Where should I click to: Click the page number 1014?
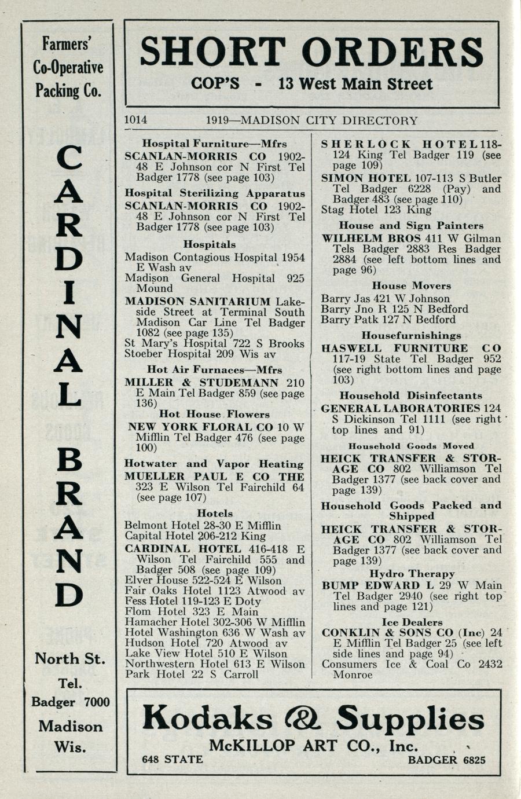pyautogui.click(x=136, y=120)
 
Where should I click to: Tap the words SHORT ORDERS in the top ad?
pyautogui.click(x=311, y=52)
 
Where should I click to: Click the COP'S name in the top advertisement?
pyautogui.click(x=215, y=84)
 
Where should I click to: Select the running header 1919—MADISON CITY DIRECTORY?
pyautogui.click(x=311, y=120)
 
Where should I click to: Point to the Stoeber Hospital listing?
pyautogui.click(x=200, y=354)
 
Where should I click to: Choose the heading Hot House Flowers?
pyautogui.click(x=214, y=415)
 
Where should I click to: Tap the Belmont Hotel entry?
pyautogui.click(x=203, y=526)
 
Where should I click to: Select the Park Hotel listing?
pyautogui.click(x=191, y=674)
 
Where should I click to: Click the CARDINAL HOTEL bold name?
pyautogui.click(x=183, y=549)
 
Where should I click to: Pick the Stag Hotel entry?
pyautogui.click(x=376, y=210)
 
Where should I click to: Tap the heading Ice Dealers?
pyautogui.click(x=412, y=622)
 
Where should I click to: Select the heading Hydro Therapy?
pyautogui.click(x=412, y=574)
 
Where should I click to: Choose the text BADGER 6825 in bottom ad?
pyautogui.click(x=446, y=760)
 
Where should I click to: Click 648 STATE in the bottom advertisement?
pyautogui.click(x=173, y=760)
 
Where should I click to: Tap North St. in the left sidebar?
pyautogui.click(x=70, y=658)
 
